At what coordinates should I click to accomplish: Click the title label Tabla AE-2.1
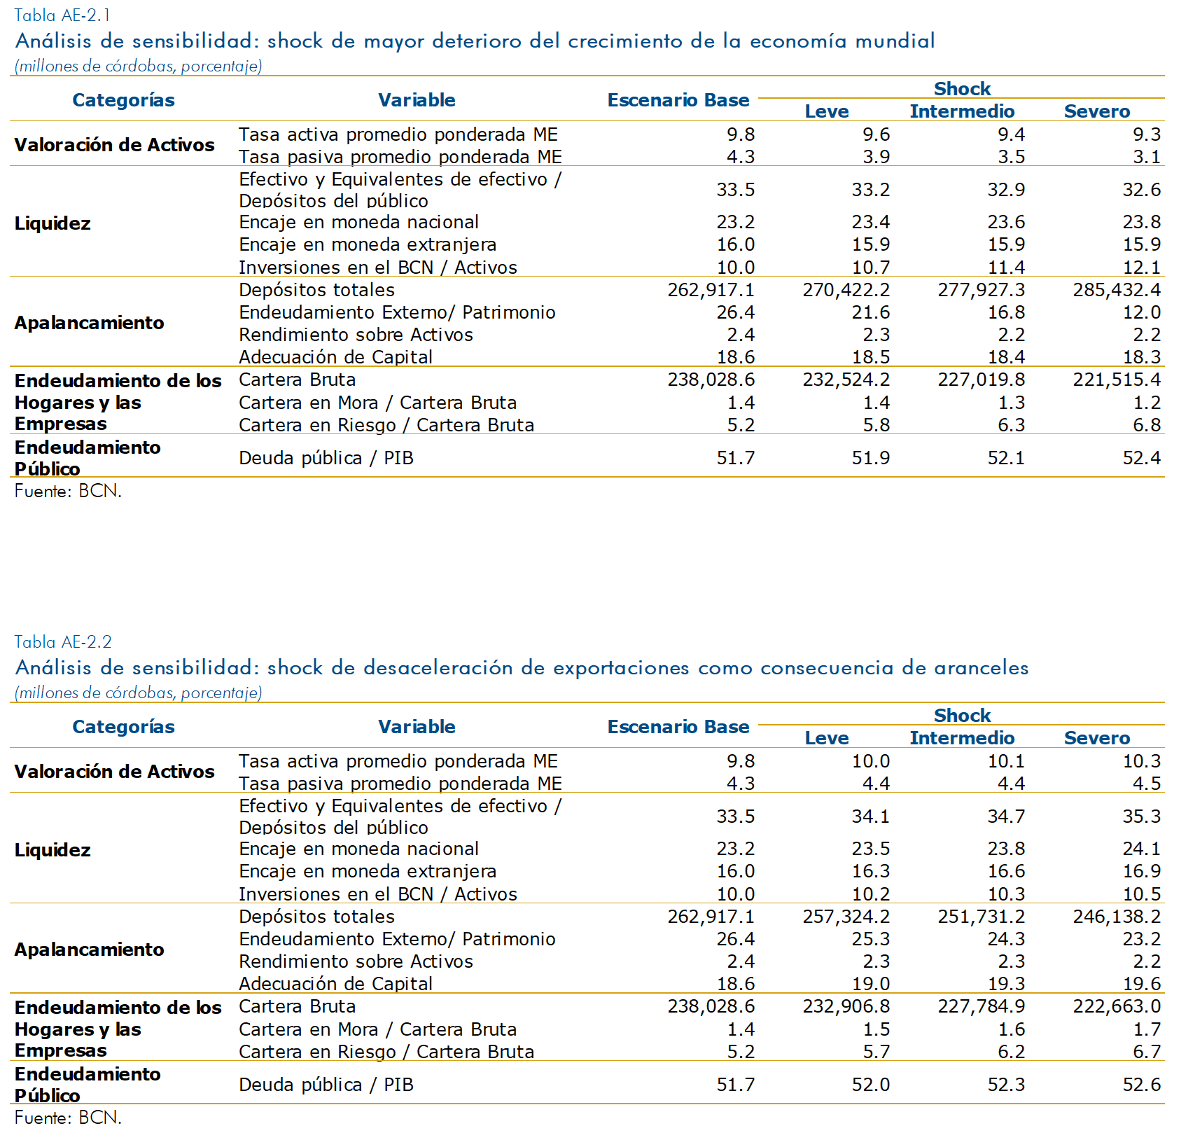click(x=62, y=15)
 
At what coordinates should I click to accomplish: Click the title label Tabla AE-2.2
click(x=62, y=641)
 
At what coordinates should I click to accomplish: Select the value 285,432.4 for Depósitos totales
click(x=1117, y=290)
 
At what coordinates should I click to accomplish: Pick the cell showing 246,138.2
click(x=1117, y=917)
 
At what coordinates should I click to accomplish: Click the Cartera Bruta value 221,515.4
click(x=1117, y=380)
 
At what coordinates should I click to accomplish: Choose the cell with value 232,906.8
click(x=846, y=1006)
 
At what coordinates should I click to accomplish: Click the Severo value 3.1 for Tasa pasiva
click(x=1147, y=157)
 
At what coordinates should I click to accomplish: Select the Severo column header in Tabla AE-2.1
click(x=1097, y=111)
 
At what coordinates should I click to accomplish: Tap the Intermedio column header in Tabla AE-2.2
click(x=962, y=738)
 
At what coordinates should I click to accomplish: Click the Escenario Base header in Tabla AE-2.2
click(x=678, y=727)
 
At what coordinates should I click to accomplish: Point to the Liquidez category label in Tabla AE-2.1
click(x=53, y=223)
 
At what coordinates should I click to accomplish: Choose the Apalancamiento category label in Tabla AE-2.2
click(x=89, y=950)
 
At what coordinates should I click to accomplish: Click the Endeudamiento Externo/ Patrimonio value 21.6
click(x=871, y=312)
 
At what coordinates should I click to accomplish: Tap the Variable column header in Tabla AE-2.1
click(x=417, y=100)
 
